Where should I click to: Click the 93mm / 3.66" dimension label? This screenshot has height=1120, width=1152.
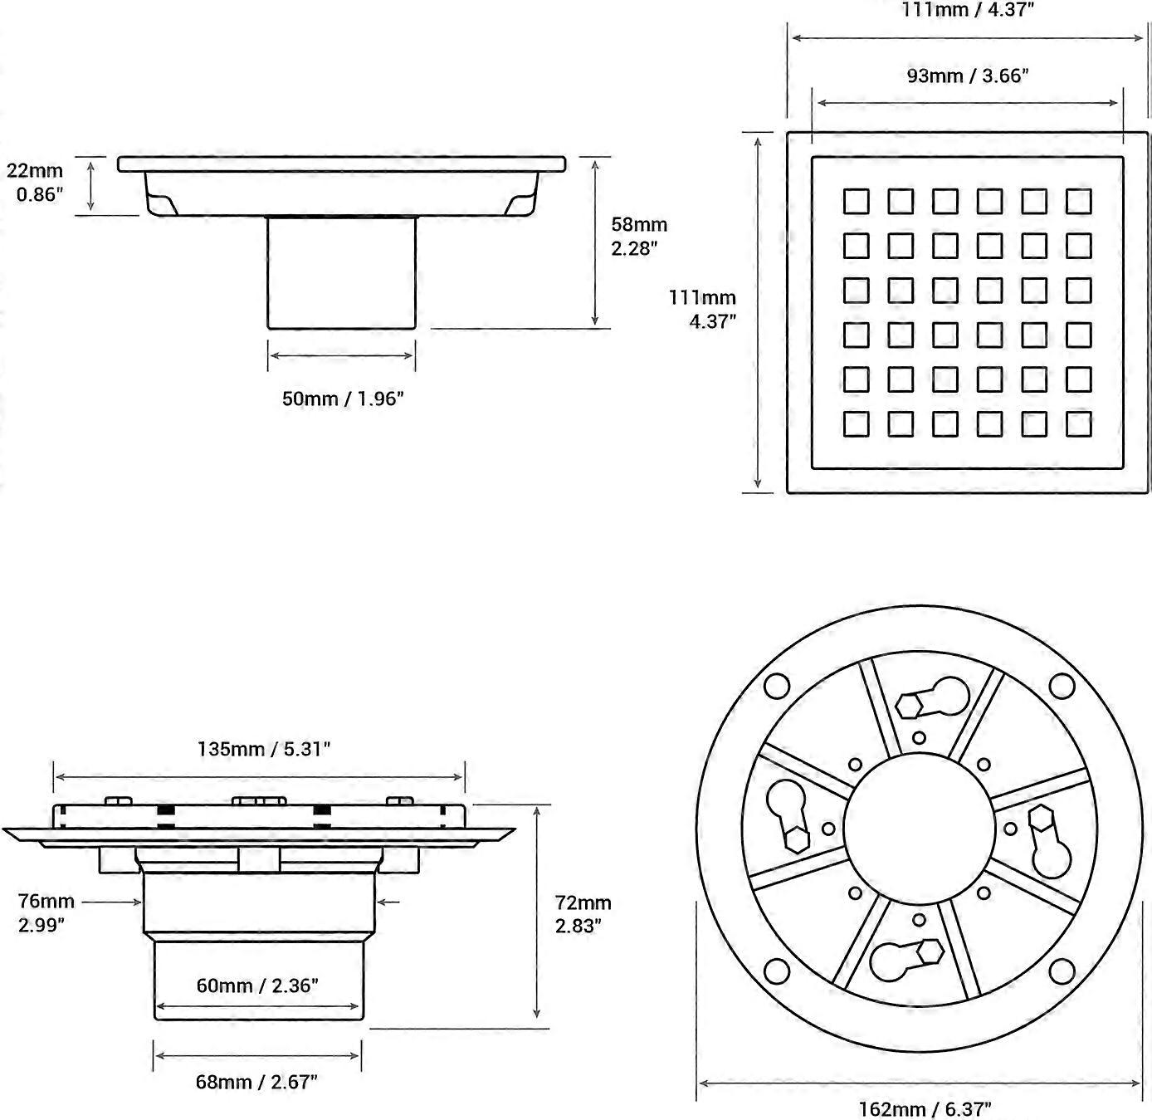(x=967, y=76)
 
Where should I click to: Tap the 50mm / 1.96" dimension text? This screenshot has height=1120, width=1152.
(x=343, y=399)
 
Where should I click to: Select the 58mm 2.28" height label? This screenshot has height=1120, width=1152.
(x=639, y=237)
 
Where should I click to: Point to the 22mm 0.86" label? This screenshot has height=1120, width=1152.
(x=36, y=183)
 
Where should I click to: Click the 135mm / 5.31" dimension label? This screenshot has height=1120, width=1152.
(x=264, y=749)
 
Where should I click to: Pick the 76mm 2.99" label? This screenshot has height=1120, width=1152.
(x=46, y=912)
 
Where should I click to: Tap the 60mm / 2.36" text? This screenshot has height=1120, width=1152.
(x=257, y=986)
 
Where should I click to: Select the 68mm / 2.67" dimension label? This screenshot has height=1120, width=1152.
(x=256, y=1082)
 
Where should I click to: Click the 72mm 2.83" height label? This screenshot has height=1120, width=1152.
(x=583, y=914)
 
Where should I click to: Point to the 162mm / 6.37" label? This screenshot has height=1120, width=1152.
(x=925, y=1109)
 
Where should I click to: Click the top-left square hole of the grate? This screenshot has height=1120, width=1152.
(x=857, y=201)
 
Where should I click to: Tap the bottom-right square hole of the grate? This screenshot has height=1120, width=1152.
(x=1078, y=423)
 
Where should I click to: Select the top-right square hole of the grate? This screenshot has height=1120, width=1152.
(x=1078, y=201)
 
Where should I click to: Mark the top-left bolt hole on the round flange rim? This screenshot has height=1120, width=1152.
(x=776, y=687)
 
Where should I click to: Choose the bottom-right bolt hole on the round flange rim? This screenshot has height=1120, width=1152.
(x=1062, y=971)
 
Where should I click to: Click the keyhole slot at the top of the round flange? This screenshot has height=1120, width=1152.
(x=934, y=698)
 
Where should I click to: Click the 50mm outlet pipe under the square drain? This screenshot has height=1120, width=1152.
(x=341, y=272)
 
